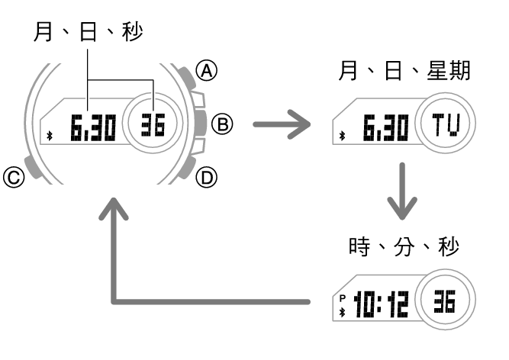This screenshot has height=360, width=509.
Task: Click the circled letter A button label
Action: pos(205,71)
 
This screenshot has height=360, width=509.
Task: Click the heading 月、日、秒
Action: pos(88,31)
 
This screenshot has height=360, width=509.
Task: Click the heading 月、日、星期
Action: pos(404,72)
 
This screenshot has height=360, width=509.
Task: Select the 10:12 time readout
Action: pos(379,304)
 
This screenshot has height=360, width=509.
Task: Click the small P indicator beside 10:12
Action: pos(343,297)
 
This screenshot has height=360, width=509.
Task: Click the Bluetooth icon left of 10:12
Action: pos(343,310)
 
